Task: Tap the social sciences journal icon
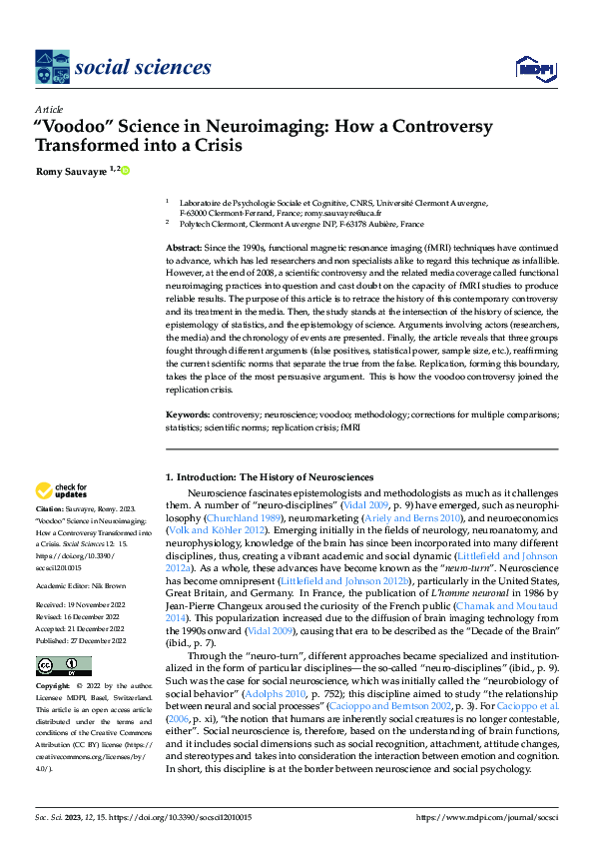52,68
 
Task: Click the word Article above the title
48,109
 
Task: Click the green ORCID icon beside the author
127,171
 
